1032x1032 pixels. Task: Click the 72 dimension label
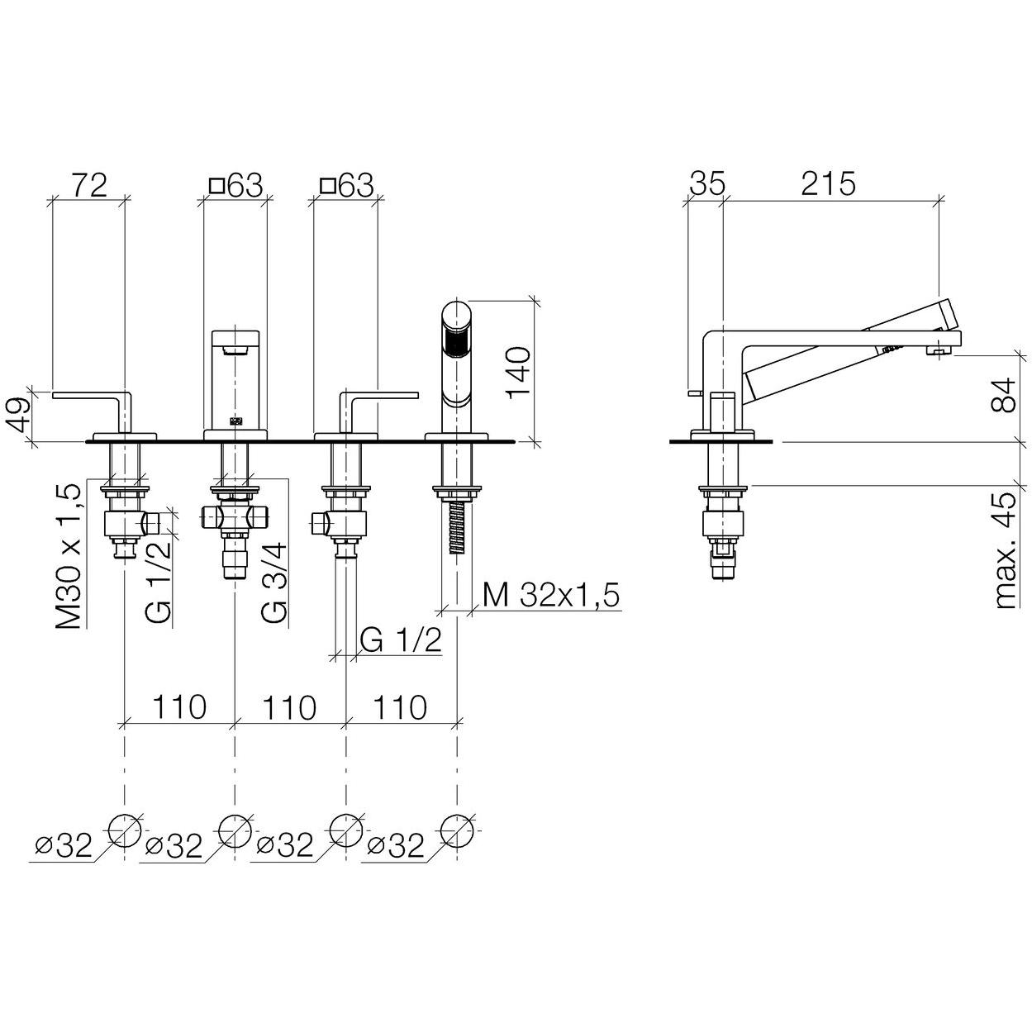89,185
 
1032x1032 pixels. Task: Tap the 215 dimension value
828,184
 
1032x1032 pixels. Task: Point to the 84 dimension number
1002,395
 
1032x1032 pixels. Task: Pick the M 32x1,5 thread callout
550,595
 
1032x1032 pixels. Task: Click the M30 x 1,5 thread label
69,556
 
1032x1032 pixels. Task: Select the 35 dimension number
706,184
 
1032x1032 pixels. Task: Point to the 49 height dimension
20,416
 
